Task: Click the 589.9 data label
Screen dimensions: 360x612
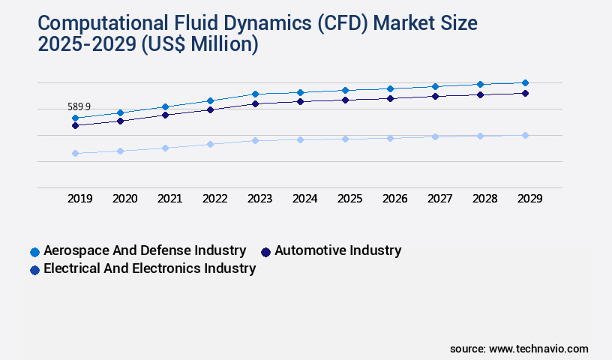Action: coord(79,107)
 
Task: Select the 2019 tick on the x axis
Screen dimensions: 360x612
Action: coord(79,199)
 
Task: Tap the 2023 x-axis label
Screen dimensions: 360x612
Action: coord(259,199)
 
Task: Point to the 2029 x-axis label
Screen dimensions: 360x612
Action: coord(529,199)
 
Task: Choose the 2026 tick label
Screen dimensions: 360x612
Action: coord(394,199)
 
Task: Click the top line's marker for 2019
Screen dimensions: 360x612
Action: coord(75,118)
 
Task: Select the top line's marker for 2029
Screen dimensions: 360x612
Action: coord(525,82)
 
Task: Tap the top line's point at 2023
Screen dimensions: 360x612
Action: coord(255,94)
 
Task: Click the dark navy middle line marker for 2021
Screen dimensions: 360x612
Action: coord(165,115)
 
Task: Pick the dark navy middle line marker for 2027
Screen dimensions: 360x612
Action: coord(435,96)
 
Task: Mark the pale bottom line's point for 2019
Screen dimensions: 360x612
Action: coord(75,153)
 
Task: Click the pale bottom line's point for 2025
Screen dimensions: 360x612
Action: coord(345,139)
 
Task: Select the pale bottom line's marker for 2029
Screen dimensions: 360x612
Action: coord(525,135)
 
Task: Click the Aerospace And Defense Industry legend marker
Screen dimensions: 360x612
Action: coord(34,251)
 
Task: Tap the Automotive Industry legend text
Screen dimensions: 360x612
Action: coord(337,250)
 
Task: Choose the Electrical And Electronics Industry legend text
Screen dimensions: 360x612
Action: coord(149,268)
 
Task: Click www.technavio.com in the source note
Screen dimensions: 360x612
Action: coord(538,349)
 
